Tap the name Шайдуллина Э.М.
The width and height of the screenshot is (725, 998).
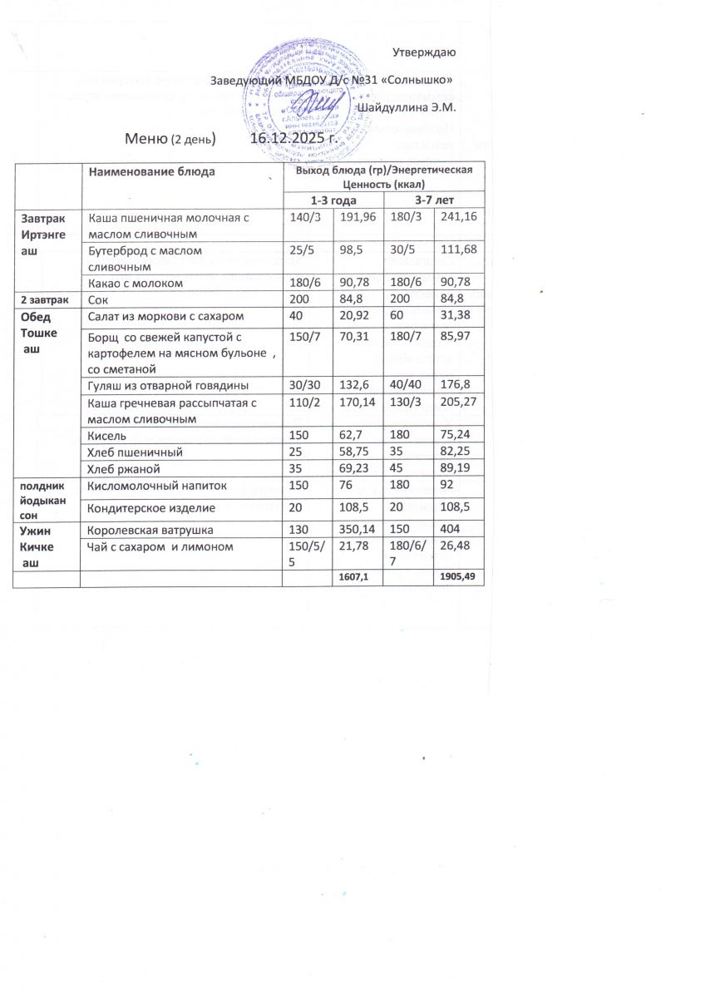(407, 107)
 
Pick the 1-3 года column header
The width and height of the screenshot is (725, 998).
(333, 200)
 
